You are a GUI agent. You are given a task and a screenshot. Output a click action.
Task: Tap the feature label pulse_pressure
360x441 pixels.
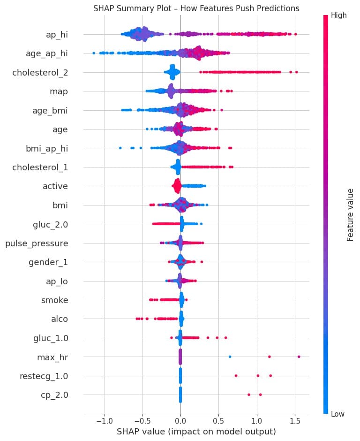click(36, 243)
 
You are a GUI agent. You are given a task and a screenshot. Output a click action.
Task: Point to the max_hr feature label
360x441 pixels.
click(52, 357)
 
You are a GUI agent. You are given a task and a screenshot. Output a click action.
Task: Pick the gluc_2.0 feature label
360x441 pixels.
click(48, 224)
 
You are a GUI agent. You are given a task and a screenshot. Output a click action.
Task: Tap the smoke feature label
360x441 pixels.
click(55, 300)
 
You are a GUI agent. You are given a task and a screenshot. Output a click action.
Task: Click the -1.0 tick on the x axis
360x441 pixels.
click(104, 418)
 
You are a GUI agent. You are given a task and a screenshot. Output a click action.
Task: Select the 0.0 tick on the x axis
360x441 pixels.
click(180, 418)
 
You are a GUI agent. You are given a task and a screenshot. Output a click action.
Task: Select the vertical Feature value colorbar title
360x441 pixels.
click(350, 214)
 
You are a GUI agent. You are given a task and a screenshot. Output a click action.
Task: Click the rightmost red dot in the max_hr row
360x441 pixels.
click(299, 357)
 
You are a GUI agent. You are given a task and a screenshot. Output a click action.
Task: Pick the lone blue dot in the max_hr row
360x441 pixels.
click(230, 357)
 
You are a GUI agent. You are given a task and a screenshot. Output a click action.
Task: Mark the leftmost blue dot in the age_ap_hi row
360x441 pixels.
click(94, 53)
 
